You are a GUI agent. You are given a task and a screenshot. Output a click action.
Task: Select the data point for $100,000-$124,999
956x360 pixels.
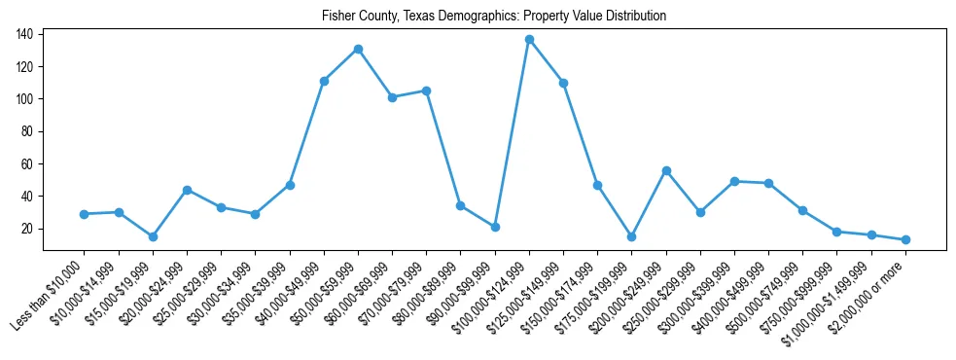(x=529, y=39)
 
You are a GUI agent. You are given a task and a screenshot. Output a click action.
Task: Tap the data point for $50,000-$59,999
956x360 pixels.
(x=358, y=49)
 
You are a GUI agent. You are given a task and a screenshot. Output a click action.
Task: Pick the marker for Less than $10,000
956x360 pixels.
(x=85, y=214)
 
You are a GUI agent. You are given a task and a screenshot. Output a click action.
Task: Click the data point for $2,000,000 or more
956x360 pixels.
(x=905, y=239)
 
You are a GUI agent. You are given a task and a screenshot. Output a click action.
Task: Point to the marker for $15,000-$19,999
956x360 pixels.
(x=153, y=236)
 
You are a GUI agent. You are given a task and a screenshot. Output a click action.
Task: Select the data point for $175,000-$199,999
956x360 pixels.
(x=631, y=236)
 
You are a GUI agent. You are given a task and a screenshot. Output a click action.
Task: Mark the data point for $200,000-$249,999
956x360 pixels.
(x=666, y=170)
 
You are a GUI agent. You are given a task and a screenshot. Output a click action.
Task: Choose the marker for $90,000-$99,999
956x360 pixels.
(x=495, y=227)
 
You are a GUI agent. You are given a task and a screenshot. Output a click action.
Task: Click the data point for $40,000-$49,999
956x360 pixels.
(x=324, y=81)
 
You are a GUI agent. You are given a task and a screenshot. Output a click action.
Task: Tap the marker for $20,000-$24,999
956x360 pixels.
(x=187, y=190)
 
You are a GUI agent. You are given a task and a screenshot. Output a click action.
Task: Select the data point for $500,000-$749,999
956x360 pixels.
(x=802, y=210)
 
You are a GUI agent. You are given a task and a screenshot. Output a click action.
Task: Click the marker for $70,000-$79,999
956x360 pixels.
(x=426, y=90)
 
